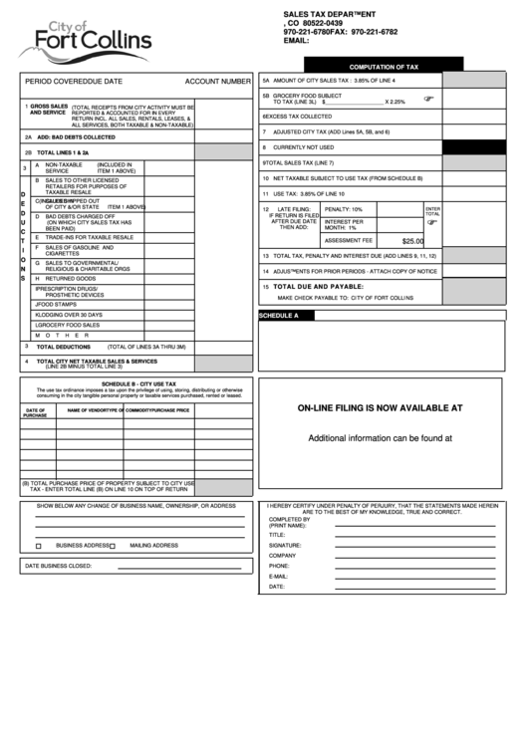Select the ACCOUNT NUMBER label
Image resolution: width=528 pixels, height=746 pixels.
coord(217,81)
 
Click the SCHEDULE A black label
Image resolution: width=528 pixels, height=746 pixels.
coord(279,315)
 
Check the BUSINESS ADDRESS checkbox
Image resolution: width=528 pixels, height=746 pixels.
coord(38,546)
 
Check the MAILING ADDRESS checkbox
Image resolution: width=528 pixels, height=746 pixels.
coord(113,546)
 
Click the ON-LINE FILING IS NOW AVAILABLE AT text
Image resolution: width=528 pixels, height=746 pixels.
coord(381,407)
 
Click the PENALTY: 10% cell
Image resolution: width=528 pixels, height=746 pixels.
coord(344,209)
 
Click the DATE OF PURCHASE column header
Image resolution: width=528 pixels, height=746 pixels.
coord(35,412)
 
